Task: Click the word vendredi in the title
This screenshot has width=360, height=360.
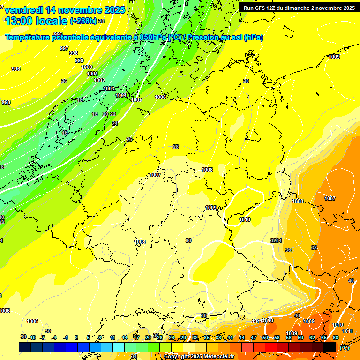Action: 24,10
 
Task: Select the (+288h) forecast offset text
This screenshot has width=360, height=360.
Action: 83,21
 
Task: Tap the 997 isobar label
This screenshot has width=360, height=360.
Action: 64,48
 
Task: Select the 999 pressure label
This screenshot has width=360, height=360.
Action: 79,60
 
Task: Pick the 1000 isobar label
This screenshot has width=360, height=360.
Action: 87,67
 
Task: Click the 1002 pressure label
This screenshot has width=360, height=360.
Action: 99,80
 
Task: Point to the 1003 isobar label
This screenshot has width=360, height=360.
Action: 109,89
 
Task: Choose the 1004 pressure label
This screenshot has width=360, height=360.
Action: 121,95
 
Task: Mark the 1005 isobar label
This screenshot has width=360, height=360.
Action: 136,100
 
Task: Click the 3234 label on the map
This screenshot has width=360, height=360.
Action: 276,240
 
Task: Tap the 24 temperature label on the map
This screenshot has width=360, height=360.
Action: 115,123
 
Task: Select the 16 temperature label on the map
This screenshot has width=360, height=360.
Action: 65,133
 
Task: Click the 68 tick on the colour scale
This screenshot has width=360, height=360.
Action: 335,337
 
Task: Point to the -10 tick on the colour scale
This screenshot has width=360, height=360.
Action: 32,337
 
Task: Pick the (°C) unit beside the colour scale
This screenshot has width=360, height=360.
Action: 344,347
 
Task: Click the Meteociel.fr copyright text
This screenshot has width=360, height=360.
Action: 199,357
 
